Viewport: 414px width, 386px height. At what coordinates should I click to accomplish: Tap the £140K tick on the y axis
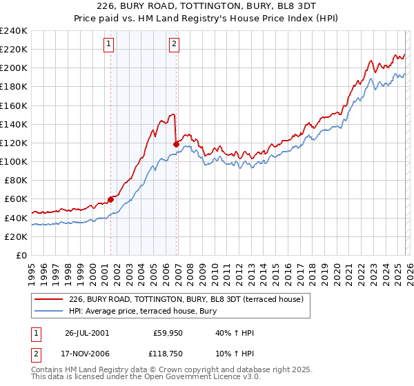pyautogui.click(x=14, y=124)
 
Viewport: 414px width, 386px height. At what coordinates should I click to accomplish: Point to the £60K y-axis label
pyautogui.click(x=16, y=199)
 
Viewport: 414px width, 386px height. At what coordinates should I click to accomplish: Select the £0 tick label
pyautogui.click(x=21, y=255)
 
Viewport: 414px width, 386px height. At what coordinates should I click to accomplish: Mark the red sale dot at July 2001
pyautogui.click(x=111, y=199)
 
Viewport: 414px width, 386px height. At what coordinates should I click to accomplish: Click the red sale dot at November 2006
pyautogui.click(x=177, y=144)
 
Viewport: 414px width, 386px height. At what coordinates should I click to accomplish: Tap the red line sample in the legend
pyautogui.click(x=49, y=299)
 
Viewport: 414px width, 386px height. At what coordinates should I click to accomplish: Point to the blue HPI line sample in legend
pyautogui.click(x=49, y=311)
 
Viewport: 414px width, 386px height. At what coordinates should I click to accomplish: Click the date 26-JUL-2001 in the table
pyautogui.click(x=86, y=333)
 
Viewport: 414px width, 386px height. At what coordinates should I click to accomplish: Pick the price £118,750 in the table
pyautogui.click(x=166, y=354)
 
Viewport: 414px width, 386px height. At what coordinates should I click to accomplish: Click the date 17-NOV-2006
pyautogui.click(x=87, y=354)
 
